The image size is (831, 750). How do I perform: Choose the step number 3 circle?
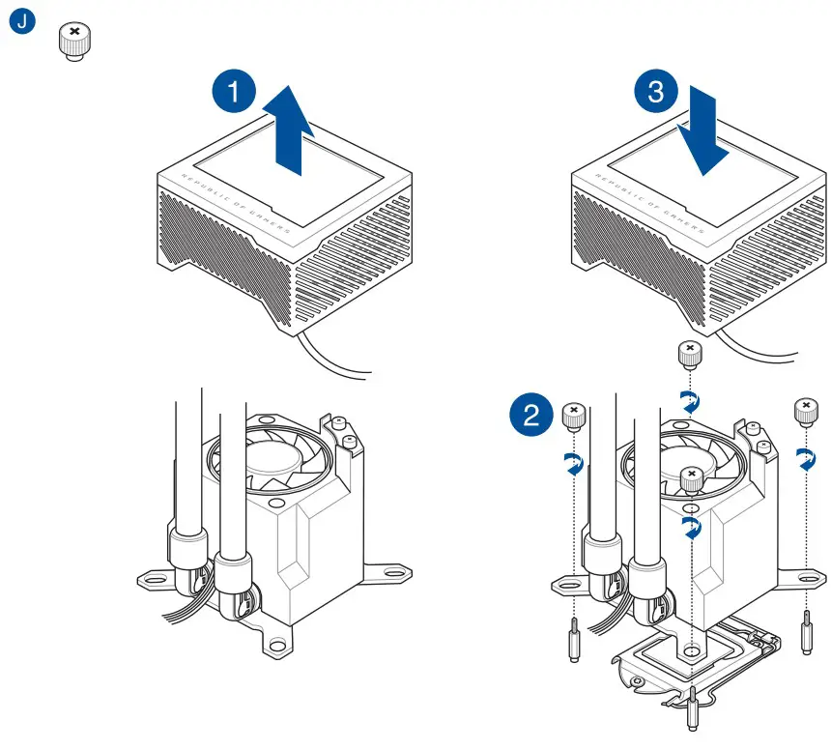click(655, 94)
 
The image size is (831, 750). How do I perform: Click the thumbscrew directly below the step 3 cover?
click(689, 354)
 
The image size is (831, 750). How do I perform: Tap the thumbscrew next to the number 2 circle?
click(573, 417)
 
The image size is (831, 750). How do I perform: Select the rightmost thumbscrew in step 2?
click(804, 410)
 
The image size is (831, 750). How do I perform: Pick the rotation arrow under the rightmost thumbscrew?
click(806, 462)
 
